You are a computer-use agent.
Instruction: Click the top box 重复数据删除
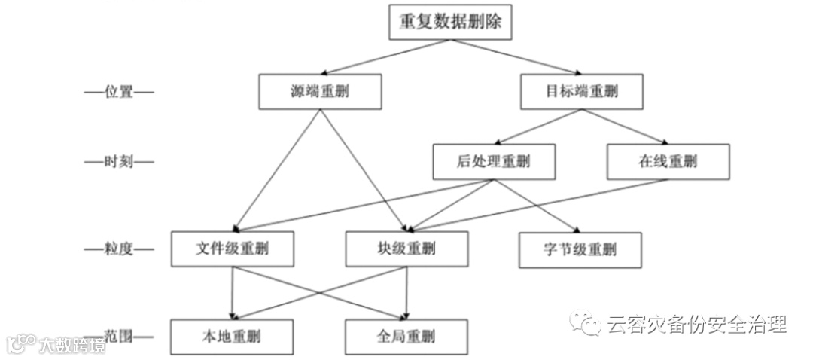tap(450, 22)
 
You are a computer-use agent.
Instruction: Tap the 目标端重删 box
tap(581, 92)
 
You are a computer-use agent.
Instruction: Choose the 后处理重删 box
tap(494, 162)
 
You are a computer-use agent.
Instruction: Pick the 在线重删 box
tap(668, 162)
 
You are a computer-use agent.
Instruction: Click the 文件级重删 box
tap(233, 249)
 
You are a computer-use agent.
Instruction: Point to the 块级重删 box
tap(406, 249)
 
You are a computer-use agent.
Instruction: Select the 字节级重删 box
tap(580, 249)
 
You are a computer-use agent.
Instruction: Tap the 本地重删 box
tap(233, 337)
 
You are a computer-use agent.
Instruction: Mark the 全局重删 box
tap(406, 337)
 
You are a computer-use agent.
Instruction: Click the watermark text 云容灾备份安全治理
tap(696, 325)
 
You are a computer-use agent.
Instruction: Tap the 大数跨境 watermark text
tap(72, 345)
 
